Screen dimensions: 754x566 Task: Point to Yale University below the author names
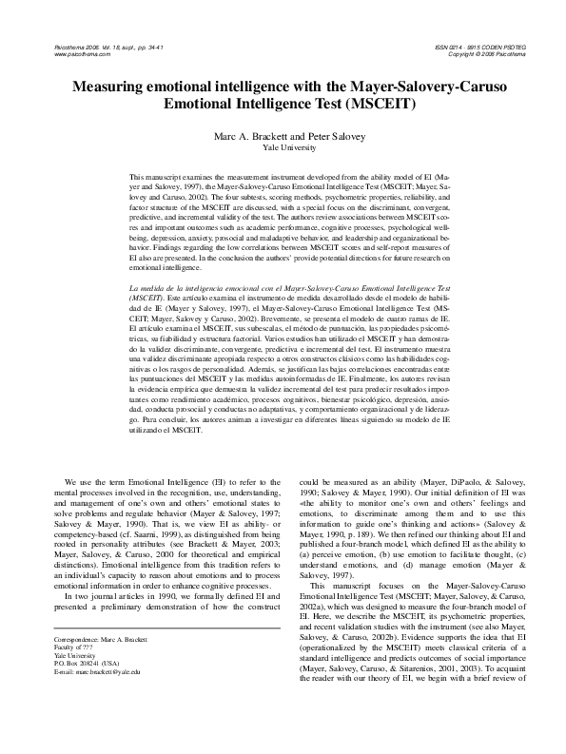click(283, 147)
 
